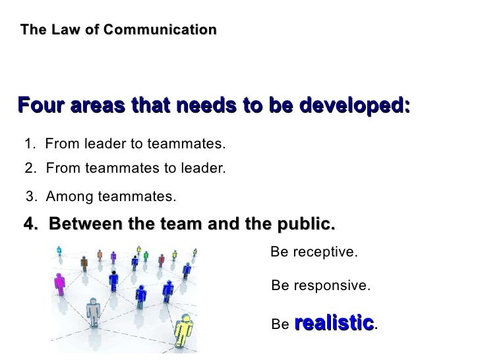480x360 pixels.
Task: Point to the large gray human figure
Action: pyautogui.click(x=92, y=312)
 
